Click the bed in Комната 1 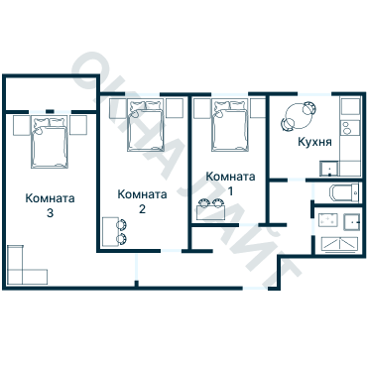pos(230,127)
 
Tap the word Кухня pos(314,143)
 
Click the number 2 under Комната pos(143,209)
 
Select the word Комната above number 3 pos(50,196)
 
